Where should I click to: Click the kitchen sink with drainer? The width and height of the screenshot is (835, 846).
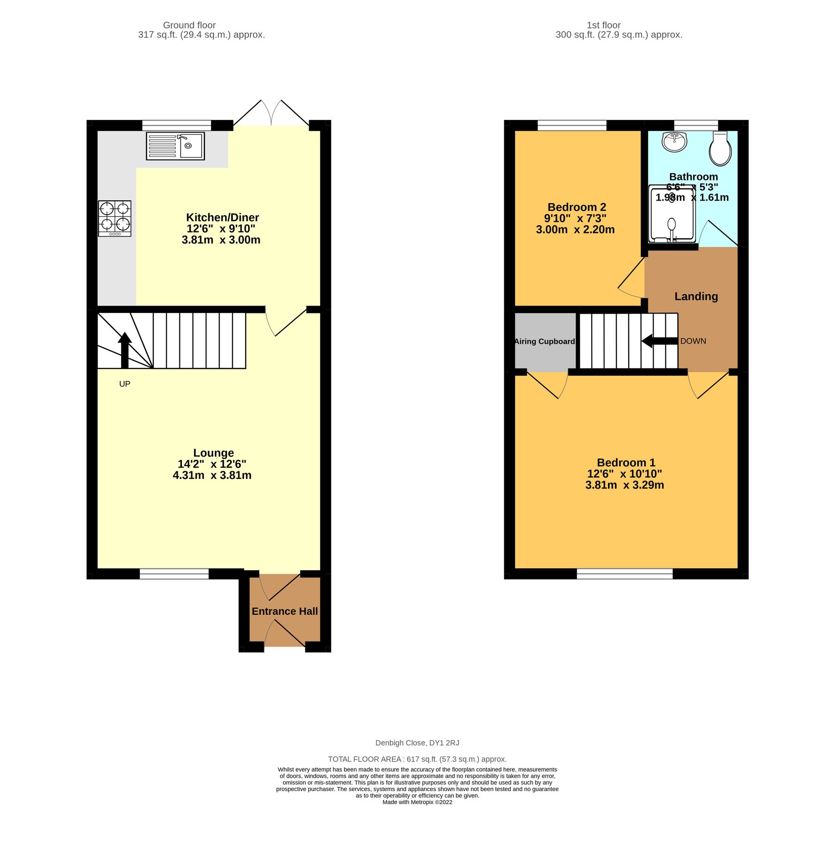point(175,146)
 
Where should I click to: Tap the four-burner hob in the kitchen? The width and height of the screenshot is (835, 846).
point(115,218)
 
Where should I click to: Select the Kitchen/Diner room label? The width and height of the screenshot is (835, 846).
point(222,218)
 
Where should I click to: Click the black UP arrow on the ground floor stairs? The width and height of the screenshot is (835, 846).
point(125,350)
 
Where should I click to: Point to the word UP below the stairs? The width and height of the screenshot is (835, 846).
point(125,384)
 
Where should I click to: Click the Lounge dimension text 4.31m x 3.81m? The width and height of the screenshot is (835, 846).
point(212,475)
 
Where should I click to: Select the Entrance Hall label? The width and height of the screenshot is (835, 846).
point(284,611)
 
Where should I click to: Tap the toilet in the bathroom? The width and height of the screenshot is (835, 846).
point(720,149)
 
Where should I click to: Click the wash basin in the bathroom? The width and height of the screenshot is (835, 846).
point(674,142)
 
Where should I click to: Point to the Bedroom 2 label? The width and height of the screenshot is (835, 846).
point(577,207)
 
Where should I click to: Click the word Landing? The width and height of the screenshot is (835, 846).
point(696,297)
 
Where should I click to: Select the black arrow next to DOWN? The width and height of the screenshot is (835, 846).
point(659,341)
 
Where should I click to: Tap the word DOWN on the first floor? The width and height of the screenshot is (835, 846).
point(693,341)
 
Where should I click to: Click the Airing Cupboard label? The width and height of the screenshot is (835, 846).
point(545,342)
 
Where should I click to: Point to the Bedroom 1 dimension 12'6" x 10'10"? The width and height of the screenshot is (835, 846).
point(624,474)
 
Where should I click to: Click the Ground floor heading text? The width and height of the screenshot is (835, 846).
point(189,25)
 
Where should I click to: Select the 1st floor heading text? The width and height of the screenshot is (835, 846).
point(603,25)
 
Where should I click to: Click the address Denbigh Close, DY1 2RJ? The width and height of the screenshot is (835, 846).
point(417,743)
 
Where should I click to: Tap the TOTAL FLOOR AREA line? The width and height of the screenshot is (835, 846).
point(417,759)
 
